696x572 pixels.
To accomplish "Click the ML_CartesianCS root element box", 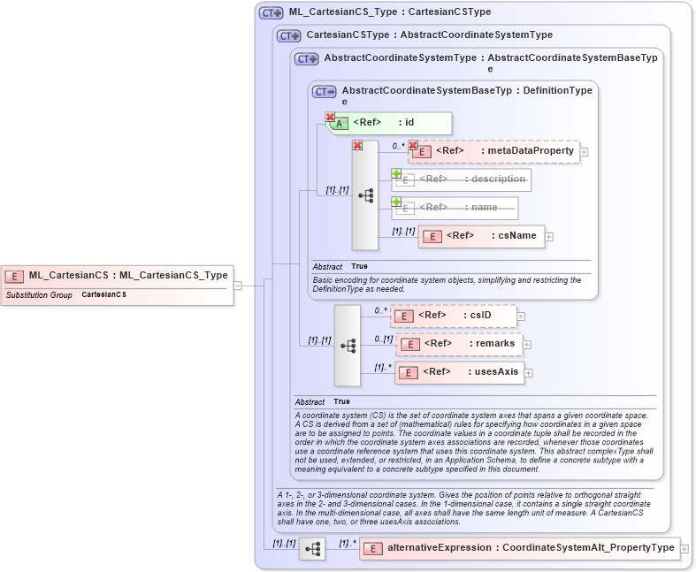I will (x=117, y=276).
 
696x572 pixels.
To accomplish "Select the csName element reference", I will (x=481, y=236).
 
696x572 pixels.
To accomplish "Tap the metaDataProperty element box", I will (x=493, y=151).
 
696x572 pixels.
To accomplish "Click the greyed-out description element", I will (x=462, y=179).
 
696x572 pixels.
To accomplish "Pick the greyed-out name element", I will (x=455, y=208).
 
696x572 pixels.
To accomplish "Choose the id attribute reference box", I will (x=390, y=123).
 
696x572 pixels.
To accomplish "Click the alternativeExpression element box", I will (x=518, y=548).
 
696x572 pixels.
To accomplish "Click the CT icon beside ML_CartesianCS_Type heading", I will (x=271, y=13).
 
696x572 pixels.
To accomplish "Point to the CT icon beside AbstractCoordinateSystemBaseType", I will (x=325, y=91).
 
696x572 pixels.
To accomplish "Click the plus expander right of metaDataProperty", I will (x=585, y=152).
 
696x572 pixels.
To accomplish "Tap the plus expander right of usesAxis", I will (x=529, y=373).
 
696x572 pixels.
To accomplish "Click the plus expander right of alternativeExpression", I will (x=685, y=549).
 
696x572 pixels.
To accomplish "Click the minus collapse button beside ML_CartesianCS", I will (x=238, y=286).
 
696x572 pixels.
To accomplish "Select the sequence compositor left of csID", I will (x=348, y=345).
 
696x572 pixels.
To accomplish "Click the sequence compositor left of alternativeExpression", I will (x=312, y=549).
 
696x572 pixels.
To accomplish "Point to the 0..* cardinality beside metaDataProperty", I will (x=399, y=144).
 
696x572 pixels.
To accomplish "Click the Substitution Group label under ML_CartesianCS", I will (x=39, y=294).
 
